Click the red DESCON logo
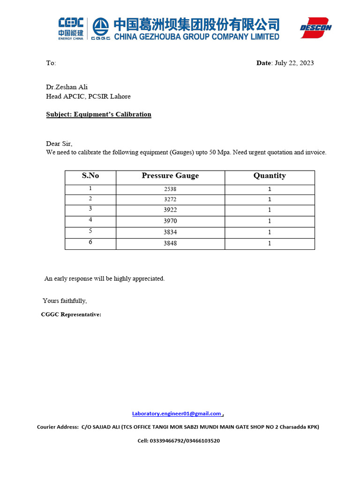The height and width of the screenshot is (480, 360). click(x=315, y=28)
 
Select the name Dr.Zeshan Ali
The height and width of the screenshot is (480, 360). click(x=67, y=87)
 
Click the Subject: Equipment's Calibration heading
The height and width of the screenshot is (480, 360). click(x=98, y=114)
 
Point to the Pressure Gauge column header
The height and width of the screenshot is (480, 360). click(x=170, y=176)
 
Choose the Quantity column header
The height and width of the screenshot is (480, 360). click(x=270, y=176)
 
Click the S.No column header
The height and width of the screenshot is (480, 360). click(x=90, y=176)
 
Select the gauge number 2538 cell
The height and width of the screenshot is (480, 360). click(x=170, y=189)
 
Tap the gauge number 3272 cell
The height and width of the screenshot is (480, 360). click(x=170, y=200)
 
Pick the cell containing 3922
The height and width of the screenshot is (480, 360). click(x=170, y=210)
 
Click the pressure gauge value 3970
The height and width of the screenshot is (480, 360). click(x=170, y=221)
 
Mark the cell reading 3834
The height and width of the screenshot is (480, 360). click(x=170, y=232)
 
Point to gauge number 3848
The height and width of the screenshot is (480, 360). click(x=170, y=244)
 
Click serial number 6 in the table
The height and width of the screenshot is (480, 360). click(x=90, y=242)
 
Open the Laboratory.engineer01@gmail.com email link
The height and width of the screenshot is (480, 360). click(x=176, y=413)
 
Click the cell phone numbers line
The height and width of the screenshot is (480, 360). click(x=179, y=441)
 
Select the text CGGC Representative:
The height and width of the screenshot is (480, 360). click(x=71, y=315)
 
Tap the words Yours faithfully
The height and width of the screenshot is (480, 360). click(x=65, y=301)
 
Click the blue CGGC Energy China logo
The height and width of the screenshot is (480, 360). click(x=71, y=29)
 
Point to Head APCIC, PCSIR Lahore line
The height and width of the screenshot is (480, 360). click(x=88, y=97)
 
